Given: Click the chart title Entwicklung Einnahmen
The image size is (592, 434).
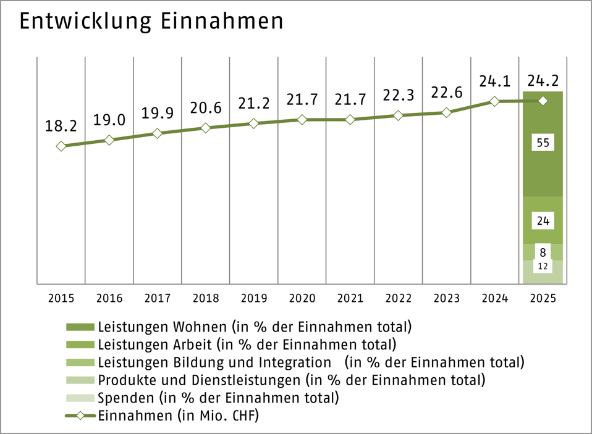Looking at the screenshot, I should tap(151, 22).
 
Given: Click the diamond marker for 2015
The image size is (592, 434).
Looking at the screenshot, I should tap(61, 146).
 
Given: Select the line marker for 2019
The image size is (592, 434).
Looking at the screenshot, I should tap(253, 123).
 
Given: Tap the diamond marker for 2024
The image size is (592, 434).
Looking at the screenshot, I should tap(494, 101).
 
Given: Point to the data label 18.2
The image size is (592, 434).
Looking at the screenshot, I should tap(61, 127).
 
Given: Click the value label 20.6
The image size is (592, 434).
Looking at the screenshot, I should tap(205, 108).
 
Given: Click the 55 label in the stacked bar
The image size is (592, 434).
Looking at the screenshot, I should tap(543, 143).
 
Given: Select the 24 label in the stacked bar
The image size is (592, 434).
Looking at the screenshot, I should tap(543, 220).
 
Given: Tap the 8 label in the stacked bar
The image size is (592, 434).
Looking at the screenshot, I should tap(543, 252).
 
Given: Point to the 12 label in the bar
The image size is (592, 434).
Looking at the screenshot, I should tap(543, 266).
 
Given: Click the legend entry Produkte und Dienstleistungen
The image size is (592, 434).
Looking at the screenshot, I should tap(291, 379).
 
